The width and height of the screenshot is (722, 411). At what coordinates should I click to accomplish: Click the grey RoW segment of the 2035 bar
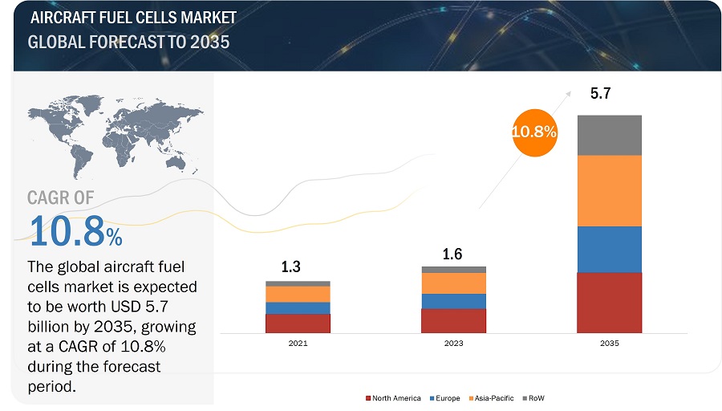(610, 135)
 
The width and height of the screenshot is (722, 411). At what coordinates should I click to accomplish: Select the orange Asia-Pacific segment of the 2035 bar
(610, 190)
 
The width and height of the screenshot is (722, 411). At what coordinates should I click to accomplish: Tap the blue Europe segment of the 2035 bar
(610, 249)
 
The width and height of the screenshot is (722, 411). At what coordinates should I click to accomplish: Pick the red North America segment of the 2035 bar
(610, 302)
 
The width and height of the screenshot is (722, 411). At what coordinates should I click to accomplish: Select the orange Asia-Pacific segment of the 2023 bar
(453, 283)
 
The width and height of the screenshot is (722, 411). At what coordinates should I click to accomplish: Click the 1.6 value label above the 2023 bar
(453, 254)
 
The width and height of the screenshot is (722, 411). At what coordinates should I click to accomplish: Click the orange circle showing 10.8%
(534, 132)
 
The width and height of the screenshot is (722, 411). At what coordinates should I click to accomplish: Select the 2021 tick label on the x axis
(298, 343)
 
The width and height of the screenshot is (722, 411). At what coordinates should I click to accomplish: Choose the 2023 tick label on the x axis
(453, 343)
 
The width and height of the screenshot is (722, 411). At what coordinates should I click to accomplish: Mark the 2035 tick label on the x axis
(610, 343)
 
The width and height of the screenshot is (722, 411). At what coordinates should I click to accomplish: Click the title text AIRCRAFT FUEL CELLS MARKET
(132, 18)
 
